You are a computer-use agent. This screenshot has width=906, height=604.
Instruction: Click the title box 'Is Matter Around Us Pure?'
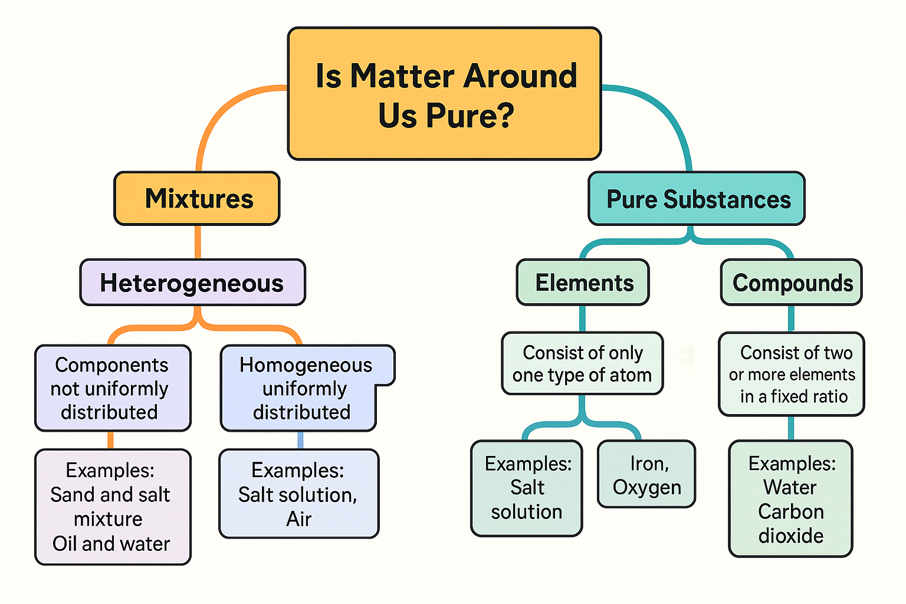(x=444, y=93)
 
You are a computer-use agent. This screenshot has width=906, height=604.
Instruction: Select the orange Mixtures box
(x=197, y=199)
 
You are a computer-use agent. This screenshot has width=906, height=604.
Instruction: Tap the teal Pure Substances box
(x=697, y=199)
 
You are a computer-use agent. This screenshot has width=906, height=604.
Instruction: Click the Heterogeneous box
(x=192, y=283)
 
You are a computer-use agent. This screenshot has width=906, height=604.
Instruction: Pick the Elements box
(x=583, y=283)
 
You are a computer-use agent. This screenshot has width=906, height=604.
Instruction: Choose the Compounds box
(x=792, y=283)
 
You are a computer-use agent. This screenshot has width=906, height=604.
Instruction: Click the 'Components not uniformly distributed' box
(x=113, y=388)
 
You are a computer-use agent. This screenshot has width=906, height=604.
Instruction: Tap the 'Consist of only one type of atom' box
(x=582, y=363)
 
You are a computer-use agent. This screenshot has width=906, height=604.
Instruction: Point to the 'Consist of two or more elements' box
(x=792, y=374)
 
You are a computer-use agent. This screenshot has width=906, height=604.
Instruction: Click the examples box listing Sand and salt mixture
(x=113, y=507)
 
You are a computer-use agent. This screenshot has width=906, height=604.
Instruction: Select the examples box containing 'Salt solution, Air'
(x=298, y=494)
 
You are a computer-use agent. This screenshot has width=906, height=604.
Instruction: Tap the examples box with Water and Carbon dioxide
(x=790, y=499)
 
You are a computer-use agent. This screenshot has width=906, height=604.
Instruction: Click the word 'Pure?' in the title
(x=470, y=116)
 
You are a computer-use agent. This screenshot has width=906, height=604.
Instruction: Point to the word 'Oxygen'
(x=646, y=488)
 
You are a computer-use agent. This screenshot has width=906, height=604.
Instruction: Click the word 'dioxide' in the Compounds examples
(x=790, y=536)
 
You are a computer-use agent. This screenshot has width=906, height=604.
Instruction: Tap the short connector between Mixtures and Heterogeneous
(x=198, y=242)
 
